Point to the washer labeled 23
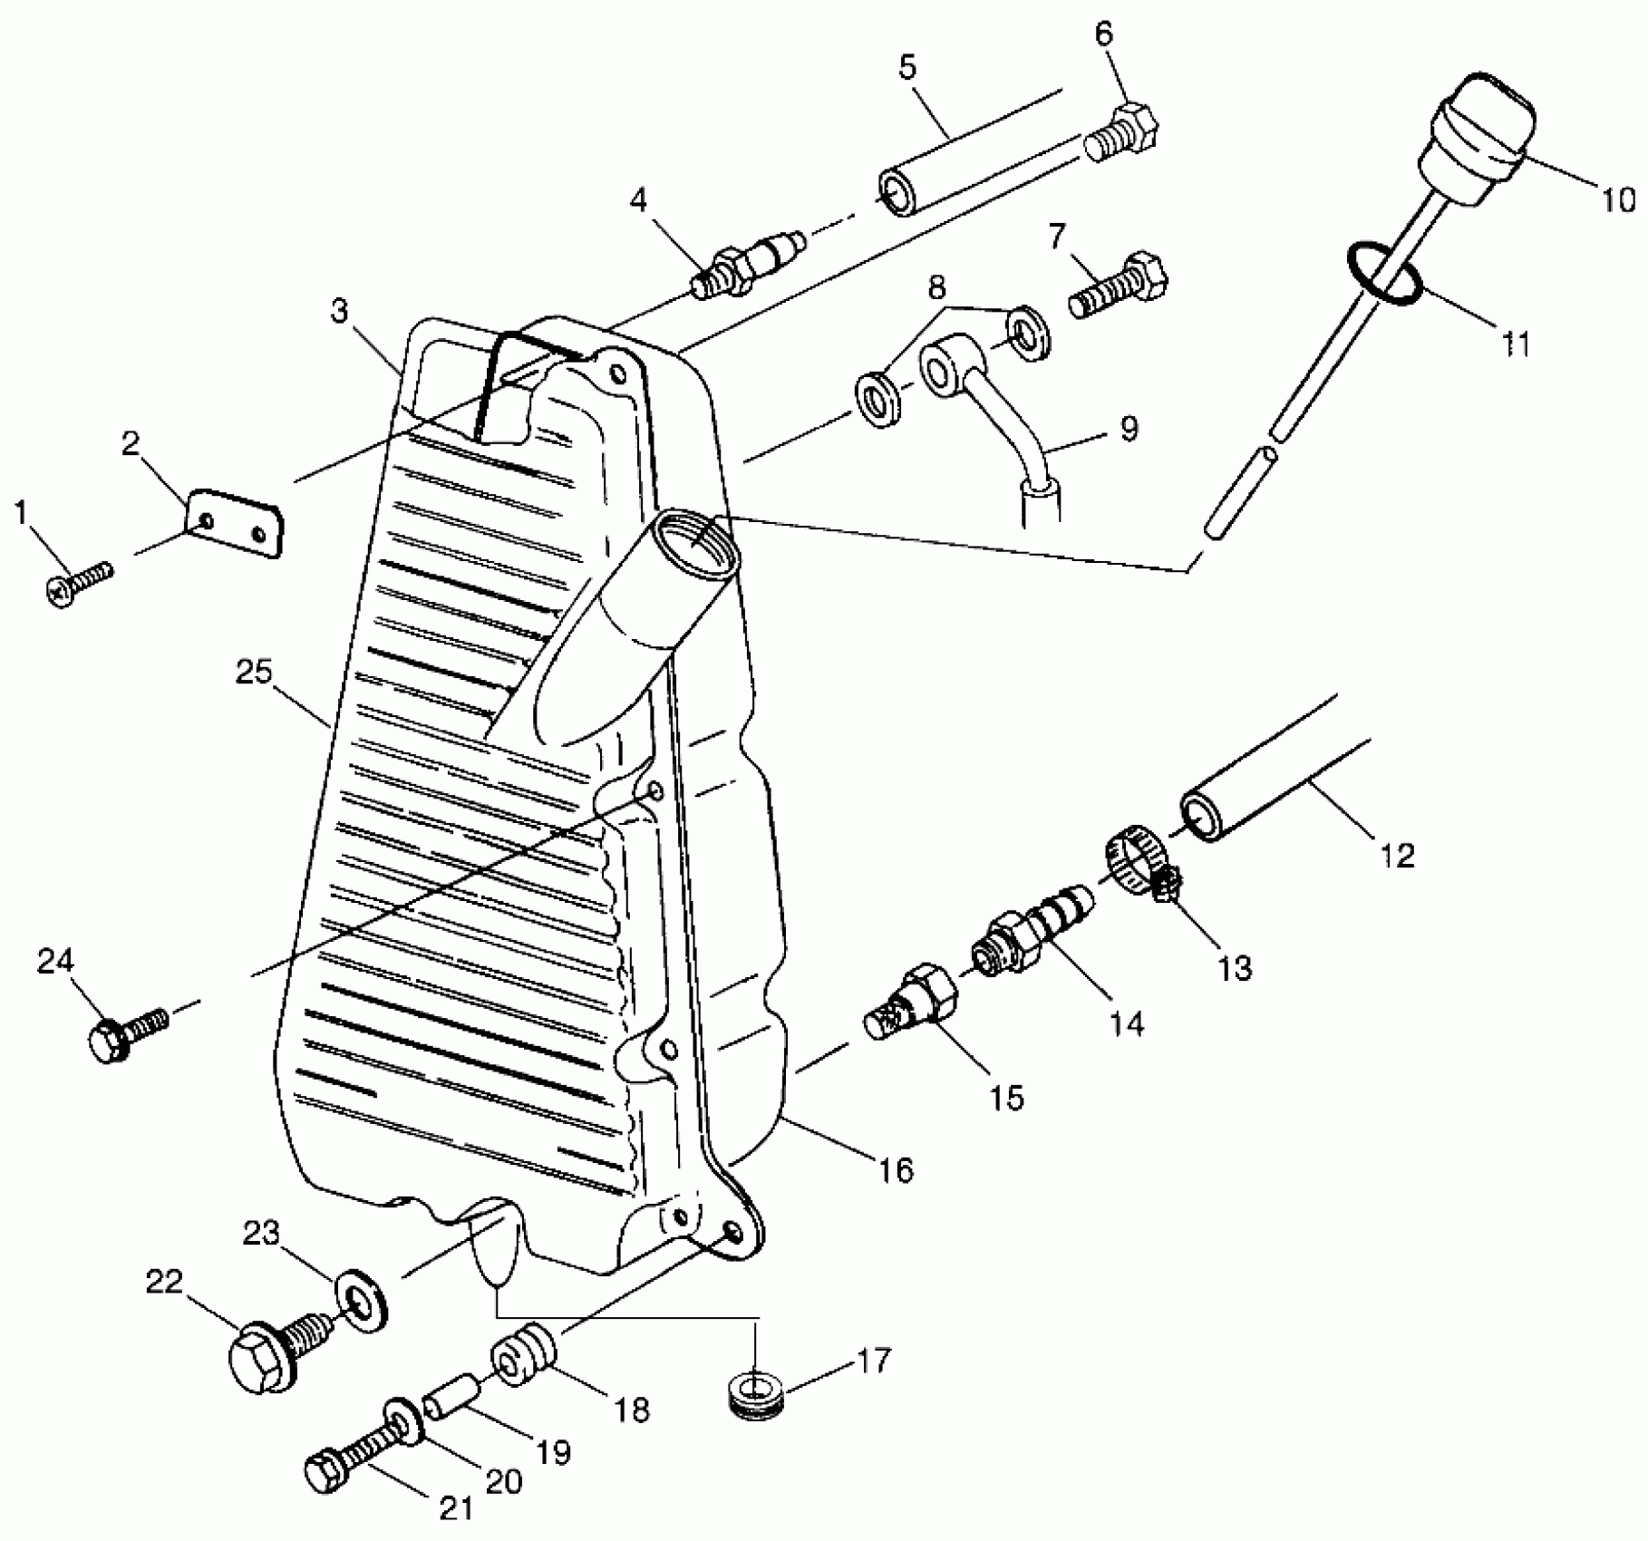click(362, 1304)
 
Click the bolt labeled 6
click(1123, 132)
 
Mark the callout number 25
click(254, 674)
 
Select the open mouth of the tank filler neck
click(693, 540)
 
